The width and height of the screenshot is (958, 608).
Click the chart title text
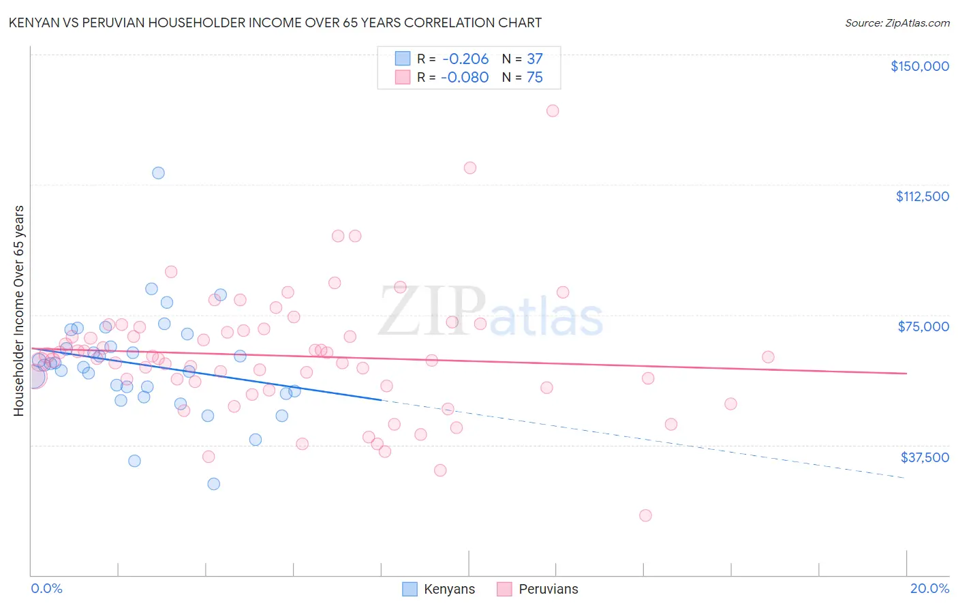pyautogui.click(x=275, y=22)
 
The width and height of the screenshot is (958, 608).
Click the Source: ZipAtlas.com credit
pyautogui.click(x=897, y=22)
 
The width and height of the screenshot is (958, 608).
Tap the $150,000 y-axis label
pyautogui.click(x=919, y=66)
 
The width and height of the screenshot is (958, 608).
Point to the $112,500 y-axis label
pyautogui.click(x=922, y=196)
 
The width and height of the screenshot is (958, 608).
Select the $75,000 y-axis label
pyautogui.click(x=923, y=326)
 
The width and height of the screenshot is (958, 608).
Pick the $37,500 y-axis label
pyautogui.click(x=925, y=457)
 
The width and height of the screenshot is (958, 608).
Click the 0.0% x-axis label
pyautogui.click(x=46, y=588)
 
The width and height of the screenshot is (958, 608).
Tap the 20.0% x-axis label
pyautogui.click(x=929, y=588)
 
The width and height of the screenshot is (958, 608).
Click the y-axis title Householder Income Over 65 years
pyautogui.click(x=19, y=310)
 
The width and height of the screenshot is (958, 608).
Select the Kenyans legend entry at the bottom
pyautogui.click(x=438, y=589)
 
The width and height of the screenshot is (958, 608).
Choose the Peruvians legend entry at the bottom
pyautogui.click(x=537, y=589)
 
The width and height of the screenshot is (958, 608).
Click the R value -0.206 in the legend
pyautogui.click(x=465, y=59)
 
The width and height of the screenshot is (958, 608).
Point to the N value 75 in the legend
pyautogui.click(x=535, y=78)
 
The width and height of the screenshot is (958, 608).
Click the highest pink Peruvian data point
pyautogui.click(x=553, y=110)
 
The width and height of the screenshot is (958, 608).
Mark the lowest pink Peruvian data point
pyautogui.click(x=645, y=515)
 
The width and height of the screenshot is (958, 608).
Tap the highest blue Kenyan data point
pyautogui.click(x=158, y=173)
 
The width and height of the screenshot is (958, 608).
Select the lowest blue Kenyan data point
pyautogui.click(x=214, y=484)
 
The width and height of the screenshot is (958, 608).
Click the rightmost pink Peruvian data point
pyautogui.click(x=768, y=357)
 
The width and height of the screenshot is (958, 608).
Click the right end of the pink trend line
pyautogui.click(x=906, y=374)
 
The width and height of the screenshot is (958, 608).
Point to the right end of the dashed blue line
pyautogui.click(x=905, y=478)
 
